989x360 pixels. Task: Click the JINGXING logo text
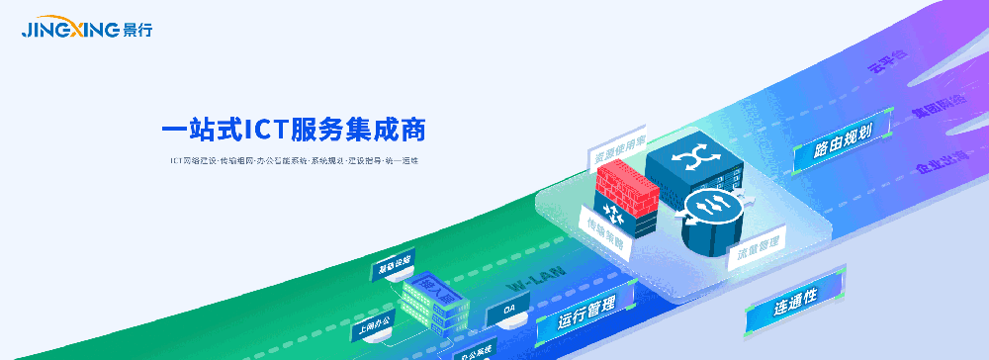(x=71, y=30)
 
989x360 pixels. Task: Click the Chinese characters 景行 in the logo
(x=137, y=31)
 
